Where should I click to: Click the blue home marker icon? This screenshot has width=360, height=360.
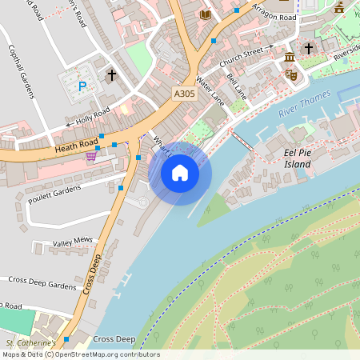click(x=180, y=173)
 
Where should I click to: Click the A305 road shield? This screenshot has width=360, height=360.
click(x=184, y=94)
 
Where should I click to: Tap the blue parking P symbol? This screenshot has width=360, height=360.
click(x=82, y=86)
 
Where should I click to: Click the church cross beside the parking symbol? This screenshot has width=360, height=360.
click(x=111, y=76)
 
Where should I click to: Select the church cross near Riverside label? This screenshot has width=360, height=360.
click(x=309, y=49)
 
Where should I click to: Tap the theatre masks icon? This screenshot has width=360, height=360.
click(x=291, y=74)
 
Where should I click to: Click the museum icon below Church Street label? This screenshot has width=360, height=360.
click(x=289, y=58)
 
